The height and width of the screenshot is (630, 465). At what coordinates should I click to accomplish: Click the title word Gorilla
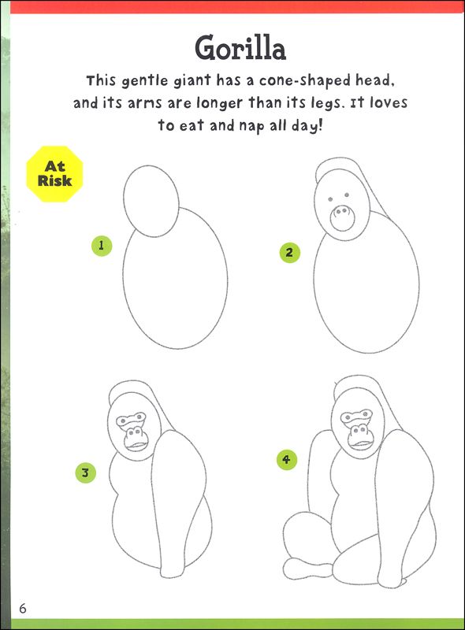240,49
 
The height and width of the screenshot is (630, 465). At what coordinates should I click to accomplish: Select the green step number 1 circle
101,245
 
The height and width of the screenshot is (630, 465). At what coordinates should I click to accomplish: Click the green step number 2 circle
289,253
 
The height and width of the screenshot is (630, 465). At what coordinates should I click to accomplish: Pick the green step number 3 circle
85,473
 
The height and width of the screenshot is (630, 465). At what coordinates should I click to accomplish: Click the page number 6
23,608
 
